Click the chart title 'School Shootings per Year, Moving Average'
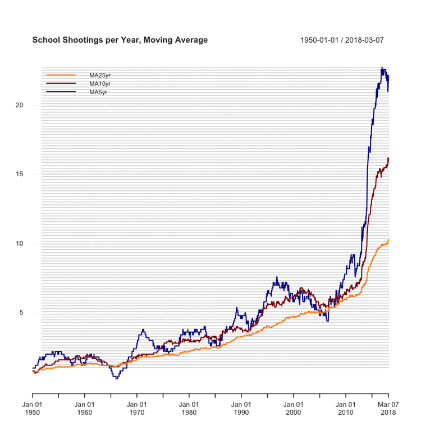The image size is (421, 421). coord(120,40)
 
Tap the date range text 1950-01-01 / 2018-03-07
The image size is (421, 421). coord(342,40)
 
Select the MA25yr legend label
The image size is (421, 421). coord(100,75)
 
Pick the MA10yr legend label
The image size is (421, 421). coord(100,84)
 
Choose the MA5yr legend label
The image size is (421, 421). coord(99,92)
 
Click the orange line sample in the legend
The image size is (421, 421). coord(61,75)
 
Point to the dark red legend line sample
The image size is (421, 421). coord(61,84)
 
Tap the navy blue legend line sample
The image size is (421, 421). coord(61,92)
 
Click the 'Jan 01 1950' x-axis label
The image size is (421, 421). coord(33,408)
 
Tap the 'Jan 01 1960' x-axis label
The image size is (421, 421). coord(85,408)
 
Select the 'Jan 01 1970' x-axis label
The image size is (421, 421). coord(137,408)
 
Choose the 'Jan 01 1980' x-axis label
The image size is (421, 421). coord(189,408)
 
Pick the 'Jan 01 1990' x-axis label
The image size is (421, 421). coord(241,408)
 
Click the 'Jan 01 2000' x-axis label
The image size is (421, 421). coord(294,408)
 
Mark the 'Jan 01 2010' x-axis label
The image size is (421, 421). coord(346,408)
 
